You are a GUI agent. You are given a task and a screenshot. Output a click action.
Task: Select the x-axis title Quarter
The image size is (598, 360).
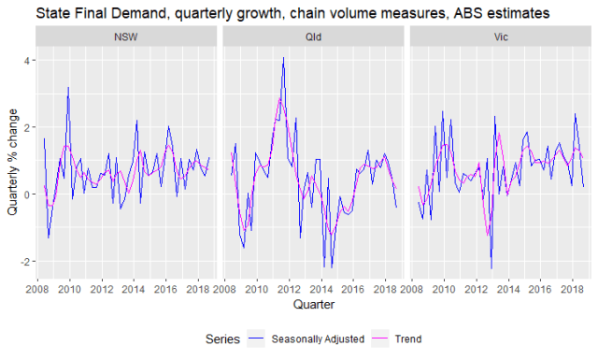[312, 304]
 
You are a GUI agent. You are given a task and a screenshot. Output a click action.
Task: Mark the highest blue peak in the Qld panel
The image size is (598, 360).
[283, 57]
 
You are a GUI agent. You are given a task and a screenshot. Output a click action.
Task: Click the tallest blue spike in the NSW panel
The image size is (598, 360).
[68, 87]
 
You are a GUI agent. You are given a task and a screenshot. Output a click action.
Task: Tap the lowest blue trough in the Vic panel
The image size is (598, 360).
[491, 269]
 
